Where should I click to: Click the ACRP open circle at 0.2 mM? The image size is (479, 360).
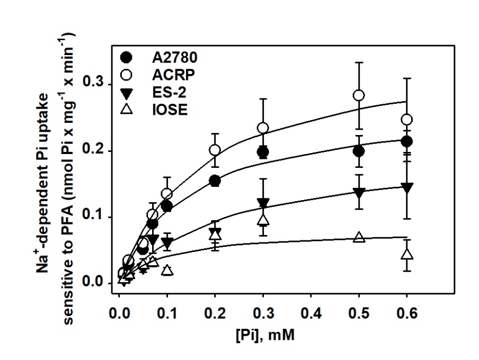215,150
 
